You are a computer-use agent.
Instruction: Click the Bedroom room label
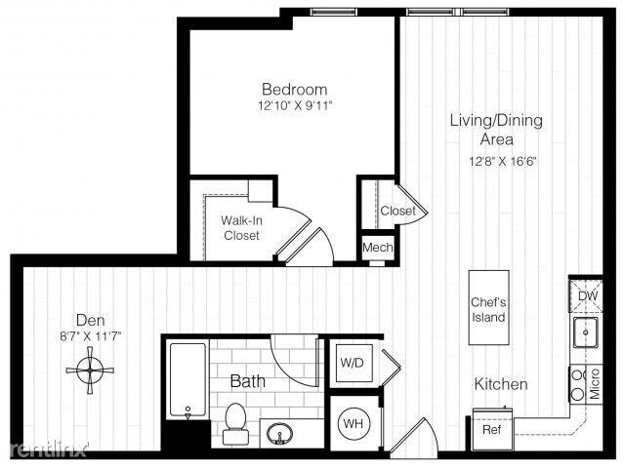click(x=295, y=89)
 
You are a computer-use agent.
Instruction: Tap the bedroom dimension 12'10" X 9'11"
click(x=295, y=106)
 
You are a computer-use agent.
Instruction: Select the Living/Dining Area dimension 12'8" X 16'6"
click(x=503, y=162)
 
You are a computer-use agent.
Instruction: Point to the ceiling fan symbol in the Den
click(x=90, y=370)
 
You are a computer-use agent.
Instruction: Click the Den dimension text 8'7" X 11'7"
click(x=91, y=336)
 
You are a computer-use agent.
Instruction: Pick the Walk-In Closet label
click(x=241, y=227)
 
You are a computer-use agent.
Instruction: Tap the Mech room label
click(x=378, y=248)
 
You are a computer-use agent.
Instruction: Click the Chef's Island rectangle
click(x=488, y=308)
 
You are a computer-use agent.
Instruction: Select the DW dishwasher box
click(x=586, y=296)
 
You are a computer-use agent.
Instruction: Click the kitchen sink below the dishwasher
click(x=586, y=332)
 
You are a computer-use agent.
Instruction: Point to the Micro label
click(x=595, y=383)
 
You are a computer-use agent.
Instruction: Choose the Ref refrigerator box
click(x=492, y=429)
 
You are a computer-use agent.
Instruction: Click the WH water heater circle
click(x=354, y=423)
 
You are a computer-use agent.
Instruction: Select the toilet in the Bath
click(x=235, y=423)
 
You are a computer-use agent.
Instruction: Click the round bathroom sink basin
click(x=280, y=434)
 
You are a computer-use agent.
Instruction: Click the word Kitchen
click(x=501, y=384)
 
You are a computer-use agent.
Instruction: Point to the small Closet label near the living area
click(x=397, y=211)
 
